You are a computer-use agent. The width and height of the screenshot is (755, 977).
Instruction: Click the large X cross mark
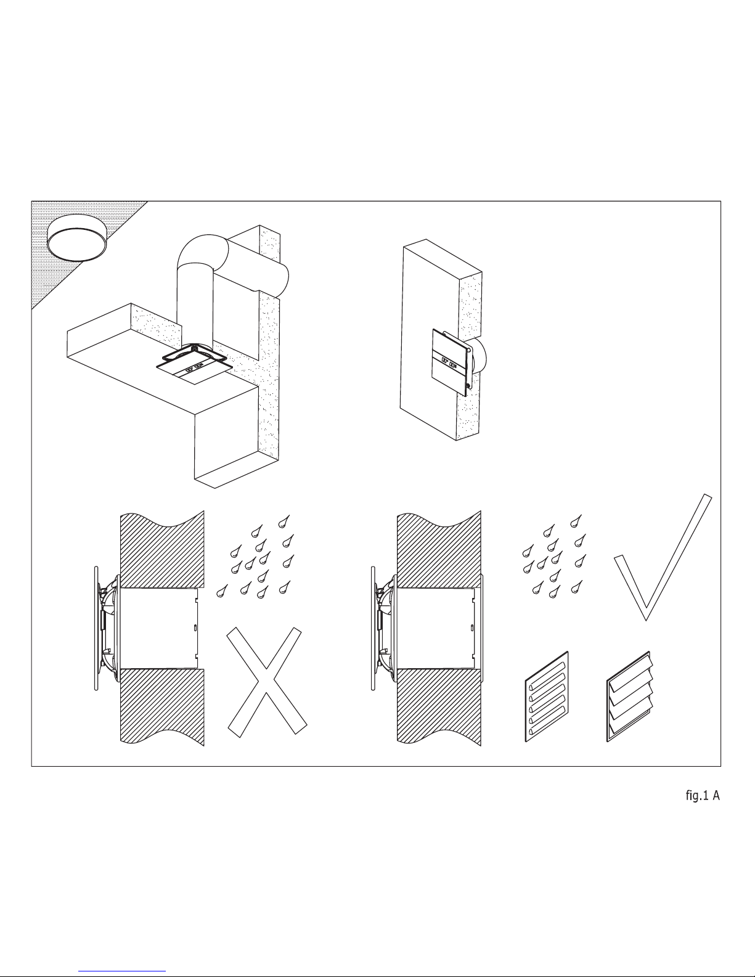click(x=266, y=682)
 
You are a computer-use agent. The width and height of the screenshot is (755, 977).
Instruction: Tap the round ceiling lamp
click(x=77, y=238)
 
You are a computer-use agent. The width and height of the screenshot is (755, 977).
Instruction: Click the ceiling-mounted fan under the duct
click(x=195, y=364)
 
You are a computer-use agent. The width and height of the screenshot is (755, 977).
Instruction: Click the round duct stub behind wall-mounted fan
click(x=480, y=356)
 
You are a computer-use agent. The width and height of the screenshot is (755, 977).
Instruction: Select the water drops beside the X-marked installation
click(x=256, y=557)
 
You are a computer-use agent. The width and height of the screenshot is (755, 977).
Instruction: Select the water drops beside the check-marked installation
click(x=555, y=557)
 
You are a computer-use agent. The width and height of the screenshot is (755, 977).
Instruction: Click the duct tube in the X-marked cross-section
click(x=159, y=628)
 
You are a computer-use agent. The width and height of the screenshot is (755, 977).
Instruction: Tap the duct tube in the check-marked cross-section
click(x=436, y=628)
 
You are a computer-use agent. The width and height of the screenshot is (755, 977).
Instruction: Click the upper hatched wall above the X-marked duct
click(x=162, y=549)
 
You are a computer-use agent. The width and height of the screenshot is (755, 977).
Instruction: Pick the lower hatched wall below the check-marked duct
click(x=439, y=706)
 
